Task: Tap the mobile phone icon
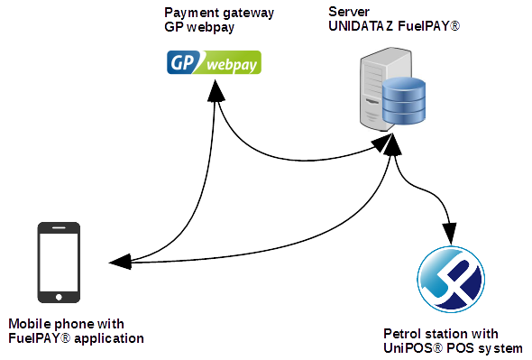pyautogui.click(x=59, y=263)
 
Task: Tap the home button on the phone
pyautogui.click(x=59, y=295)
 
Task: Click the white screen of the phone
pyautogui.click(x=59, y=261)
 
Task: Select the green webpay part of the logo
pyautogui.click(x=232, y=64)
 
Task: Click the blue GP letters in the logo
pyautogui.click(x=184, y=63)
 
